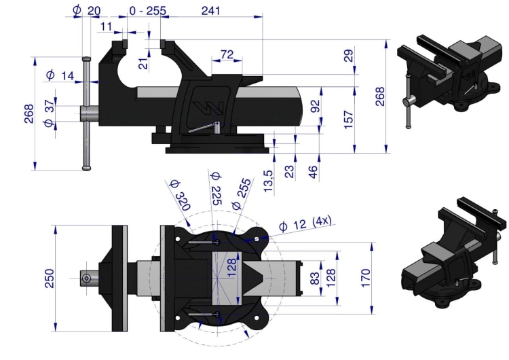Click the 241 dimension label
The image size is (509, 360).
pos(210,11)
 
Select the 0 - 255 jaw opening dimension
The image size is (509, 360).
pos(148,11)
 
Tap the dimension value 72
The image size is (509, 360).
pos(227,54)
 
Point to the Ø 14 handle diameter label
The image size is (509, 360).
pos(60,75)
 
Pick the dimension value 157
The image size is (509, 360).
pos(348,120)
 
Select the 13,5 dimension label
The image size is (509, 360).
pos(269,181)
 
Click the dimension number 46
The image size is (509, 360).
pos(313,172)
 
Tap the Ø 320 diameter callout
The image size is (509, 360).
pos(180,195)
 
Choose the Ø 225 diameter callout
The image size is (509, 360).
pos(216,189)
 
